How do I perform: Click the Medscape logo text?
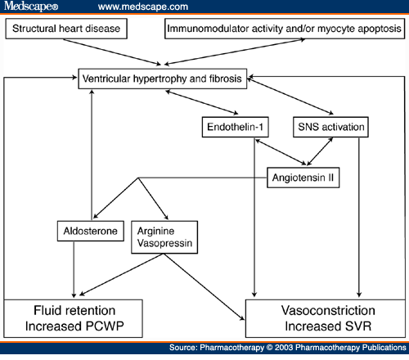click(29, 7)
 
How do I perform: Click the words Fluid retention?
click(73, 312)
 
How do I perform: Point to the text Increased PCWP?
click(73, 327)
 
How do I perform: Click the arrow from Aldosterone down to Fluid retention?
click(76, 270)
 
